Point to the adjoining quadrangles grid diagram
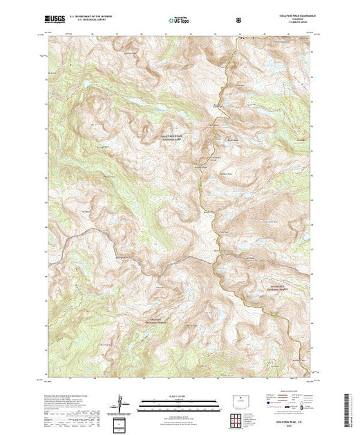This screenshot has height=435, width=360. click(121, 422)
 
